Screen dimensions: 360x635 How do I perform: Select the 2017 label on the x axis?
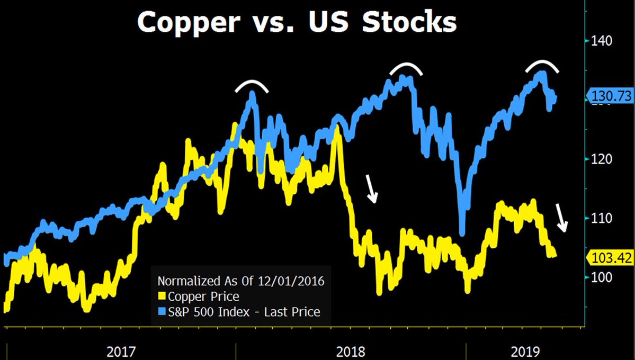tap(121, 351)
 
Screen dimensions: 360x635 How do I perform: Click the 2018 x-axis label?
tap(351, 351)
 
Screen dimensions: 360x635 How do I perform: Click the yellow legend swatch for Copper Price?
tap(162, 296)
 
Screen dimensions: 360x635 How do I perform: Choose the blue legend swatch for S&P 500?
tap(162, 312)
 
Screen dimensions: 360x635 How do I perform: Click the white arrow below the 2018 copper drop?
tap(373, 190)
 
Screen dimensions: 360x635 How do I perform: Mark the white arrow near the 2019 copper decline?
tap(561, 219)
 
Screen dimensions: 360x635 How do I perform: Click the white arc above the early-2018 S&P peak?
tap(253, 85)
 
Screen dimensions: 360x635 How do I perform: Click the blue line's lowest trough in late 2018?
tap(463, 231)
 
